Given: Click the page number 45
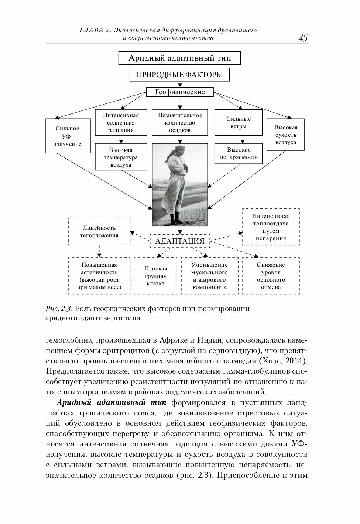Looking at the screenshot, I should (x=302, y=38).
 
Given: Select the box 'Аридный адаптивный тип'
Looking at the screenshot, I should (x=179, y=58).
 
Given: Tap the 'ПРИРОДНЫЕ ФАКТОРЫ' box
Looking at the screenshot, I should (x=179, y=75).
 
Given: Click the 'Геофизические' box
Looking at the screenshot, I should (x=180, y=92).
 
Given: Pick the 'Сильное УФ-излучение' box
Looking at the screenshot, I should (x=68, y=136).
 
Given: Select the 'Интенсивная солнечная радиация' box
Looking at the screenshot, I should (x=121, y=123).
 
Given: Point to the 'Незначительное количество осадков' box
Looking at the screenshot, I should (x=180, y=123).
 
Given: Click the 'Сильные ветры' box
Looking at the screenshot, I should (x=239, y=123).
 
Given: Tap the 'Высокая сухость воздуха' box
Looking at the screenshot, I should (x=285, y=135).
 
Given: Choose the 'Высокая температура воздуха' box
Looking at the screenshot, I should (x=121, y=157).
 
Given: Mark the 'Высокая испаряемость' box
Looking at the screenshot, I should (x=239, y=153).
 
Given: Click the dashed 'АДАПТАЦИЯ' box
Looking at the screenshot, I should (x=180, y=241).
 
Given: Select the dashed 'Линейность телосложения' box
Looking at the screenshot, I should (x=99, y=232).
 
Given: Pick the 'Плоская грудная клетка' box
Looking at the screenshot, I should (x=155, y=276).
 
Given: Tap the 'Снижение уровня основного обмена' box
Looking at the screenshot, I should (x=271, y=276).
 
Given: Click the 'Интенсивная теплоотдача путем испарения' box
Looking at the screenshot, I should (x=271, y=227).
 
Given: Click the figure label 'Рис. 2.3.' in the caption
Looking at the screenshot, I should (x=58, y=309).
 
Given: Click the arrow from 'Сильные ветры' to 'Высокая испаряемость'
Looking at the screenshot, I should (x=242, y=139).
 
